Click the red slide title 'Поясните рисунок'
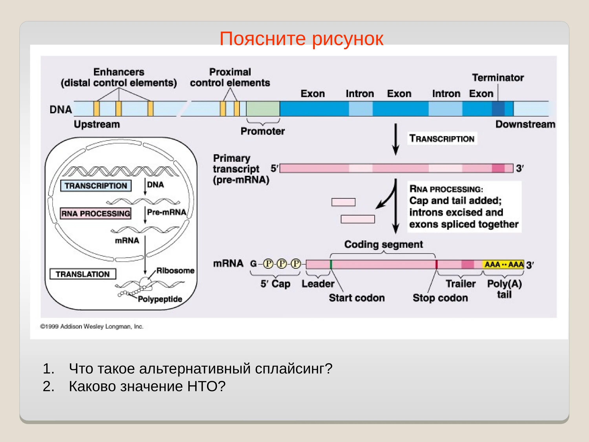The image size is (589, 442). click(301, 39)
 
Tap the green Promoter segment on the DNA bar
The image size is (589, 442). click(263, 109)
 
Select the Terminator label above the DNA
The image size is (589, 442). click(498, 78)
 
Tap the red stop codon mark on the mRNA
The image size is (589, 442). click(436, 264)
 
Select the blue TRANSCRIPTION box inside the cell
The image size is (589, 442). click(96, 186)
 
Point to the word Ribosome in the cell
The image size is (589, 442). click(175, 271)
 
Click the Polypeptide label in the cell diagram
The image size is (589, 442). click(160, 299)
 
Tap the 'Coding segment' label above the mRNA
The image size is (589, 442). click(383, 244)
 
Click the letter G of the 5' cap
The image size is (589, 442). click(253, 264)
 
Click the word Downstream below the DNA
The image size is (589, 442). click(525, 124)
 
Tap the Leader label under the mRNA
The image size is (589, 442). click(318, 284)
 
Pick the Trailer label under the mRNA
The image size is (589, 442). click(460, 284)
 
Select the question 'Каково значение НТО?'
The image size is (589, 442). click(147, 386)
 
